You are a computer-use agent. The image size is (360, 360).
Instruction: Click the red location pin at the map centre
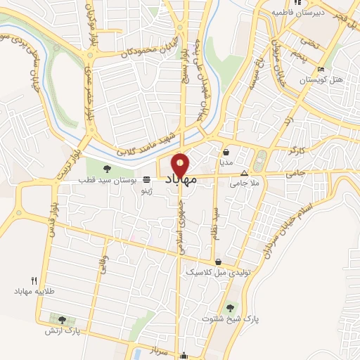pyautogui.click(x=180, y=165)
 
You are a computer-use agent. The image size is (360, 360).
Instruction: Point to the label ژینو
pyautogui.click(x=146, y=191)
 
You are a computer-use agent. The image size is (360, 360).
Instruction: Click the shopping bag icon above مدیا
pyautogui.click(x=226, y=151)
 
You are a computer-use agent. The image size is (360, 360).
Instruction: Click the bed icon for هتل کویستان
pyautogui.click(x=321, y=70)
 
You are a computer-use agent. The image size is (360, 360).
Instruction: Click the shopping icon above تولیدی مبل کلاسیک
pyautogui.click(x=218, y=262)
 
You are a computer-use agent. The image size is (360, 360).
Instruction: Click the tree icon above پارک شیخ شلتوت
pyautogui.click(x=230, y=307)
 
